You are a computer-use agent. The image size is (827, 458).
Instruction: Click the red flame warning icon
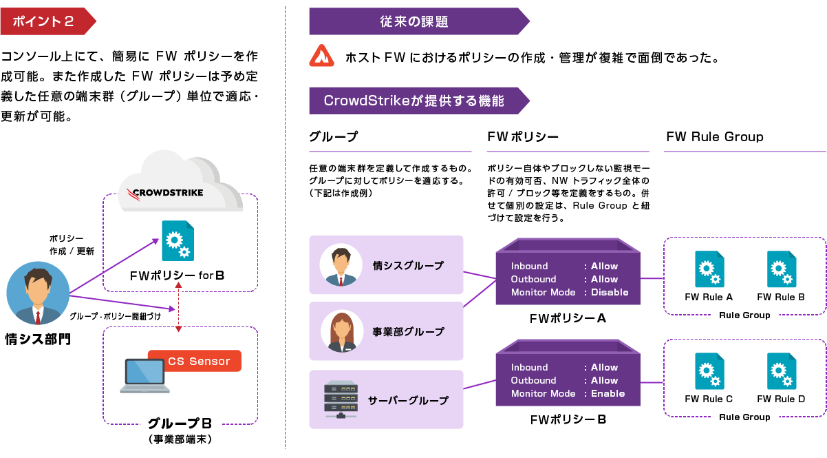coord(321,56)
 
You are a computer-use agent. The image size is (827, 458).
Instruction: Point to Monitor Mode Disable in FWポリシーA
coord(569,292)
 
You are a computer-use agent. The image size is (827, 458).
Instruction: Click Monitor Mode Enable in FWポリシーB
coord(568,393)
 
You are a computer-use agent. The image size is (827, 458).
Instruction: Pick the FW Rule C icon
coord(708,371)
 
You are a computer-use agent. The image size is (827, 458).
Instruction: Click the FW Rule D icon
coord(781,371)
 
